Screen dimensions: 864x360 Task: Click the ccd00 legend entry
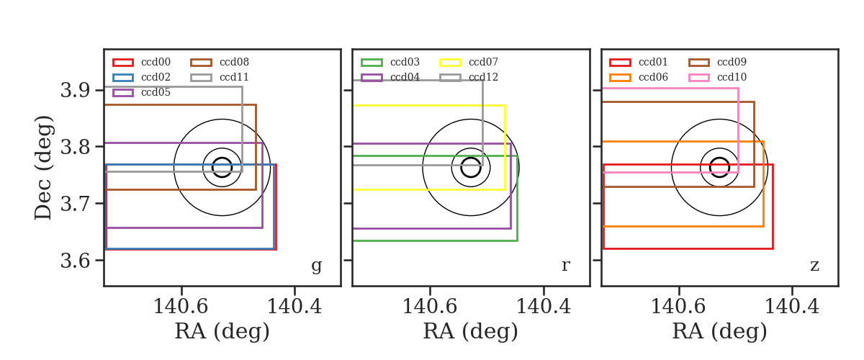point(142,62)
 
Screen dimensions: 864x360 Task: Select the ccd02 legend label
point(156,77)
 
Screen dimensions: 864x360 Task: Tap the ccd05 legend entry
point(142,93)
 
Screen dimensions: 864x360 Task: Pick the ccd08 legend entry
point(220,62)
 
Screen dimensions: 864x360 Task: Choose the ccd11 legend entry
point(220,77)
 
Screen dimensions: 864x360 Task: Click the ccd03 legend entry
point(390,62)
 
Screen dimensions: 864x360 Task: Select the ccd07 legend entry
point(469,62)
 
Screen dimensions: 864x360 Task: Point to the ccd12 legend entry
point(469,77)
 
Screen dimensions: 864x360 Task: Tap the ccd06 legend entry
point(639,77)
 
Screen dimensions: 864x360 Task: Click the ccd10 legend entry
point(717,77)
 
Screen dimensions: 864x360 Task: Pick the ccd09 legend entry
point(717,62)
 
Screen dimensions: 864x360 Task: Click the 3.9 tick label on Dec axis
point(75,90)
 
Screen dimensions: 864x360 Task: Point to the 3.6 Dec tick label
point(75,261)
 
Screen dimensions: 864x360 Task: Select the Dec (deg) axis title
point(42,168)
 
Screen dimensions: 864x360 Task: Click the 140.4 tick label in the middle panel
point(543,307)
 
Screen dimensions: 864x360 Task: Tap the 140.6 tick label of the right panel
point(678,307)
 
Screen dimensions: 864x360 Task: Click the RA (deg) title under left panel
point(222,331)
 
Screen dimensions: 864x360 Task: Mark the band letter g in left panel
point(316,266)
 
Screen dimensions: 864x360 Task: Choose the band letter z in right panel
point(814,266)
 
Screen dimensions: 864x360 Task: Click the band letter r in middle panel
point(565,266)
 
